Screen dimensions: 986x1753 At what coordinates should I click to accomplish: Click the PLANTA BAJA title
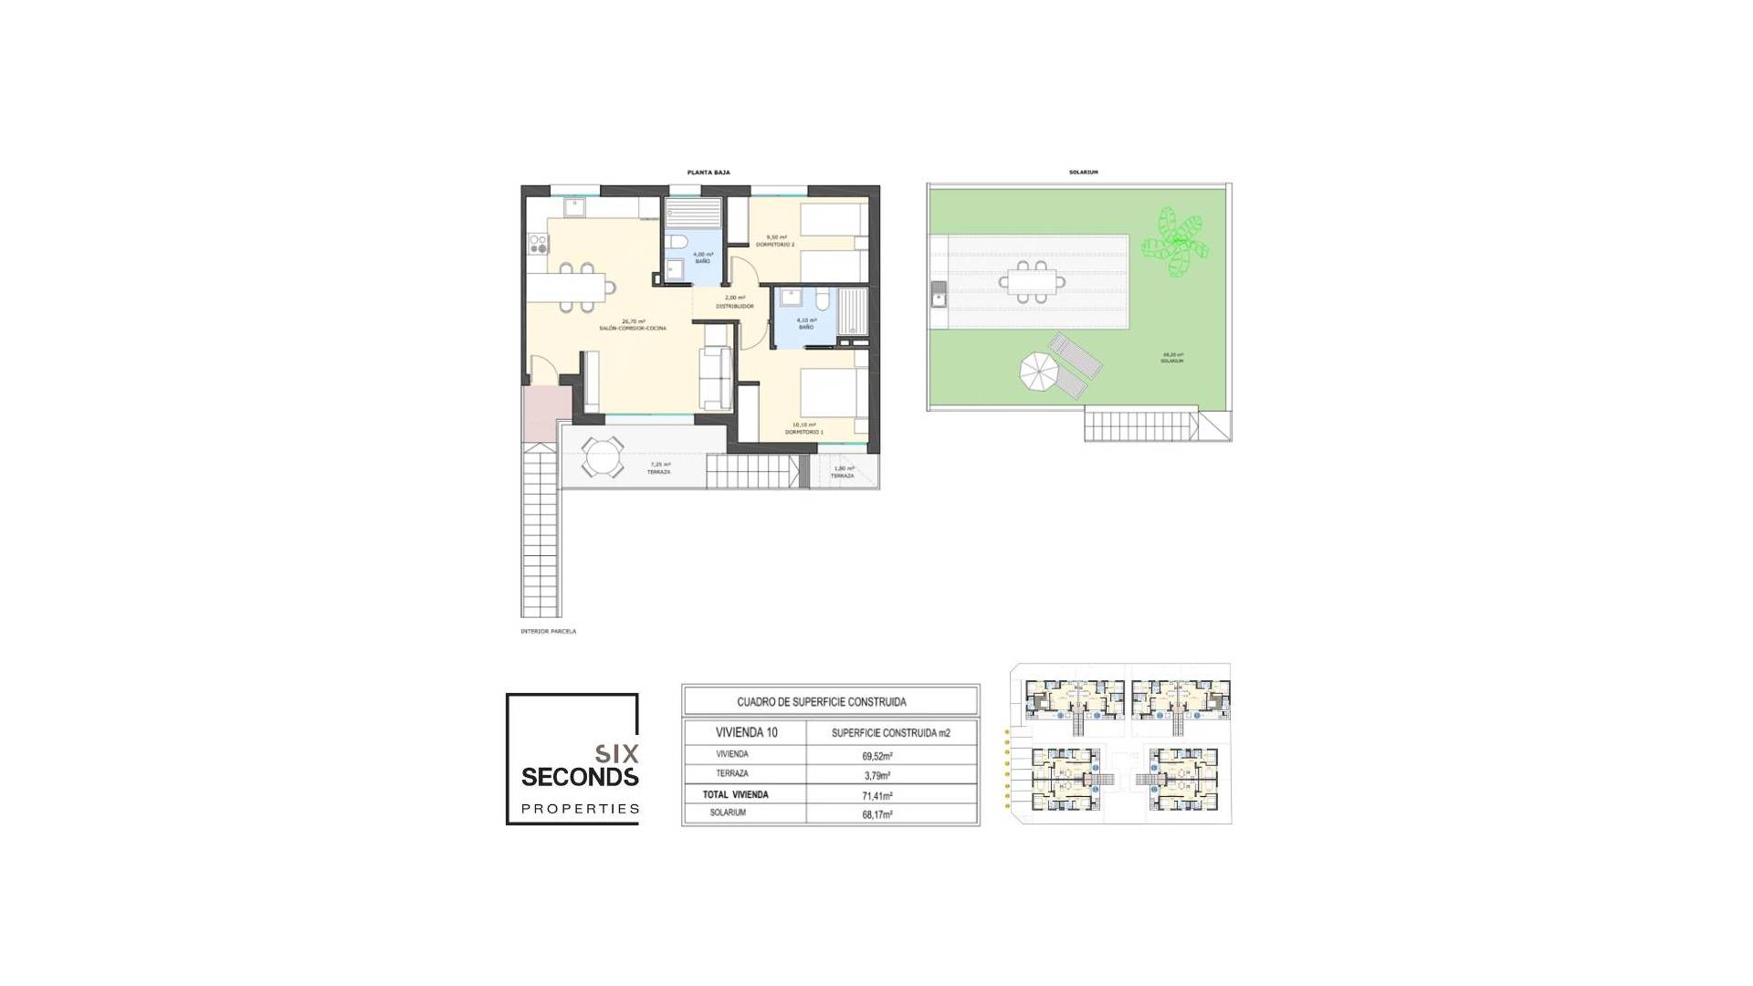pyautogui.click(x=708, y=173)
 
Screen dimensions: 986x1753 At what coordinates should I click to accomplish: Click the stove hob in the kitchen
pyautogui.click(x=538, y=244)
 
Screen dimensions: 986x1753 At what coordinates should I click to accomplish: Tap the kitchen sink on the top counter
pyautogui.click(x=574, y=208)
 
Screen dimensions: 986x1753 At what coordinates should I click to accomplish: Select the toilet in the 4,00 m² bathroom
pyautogui.click(x=677, y=242)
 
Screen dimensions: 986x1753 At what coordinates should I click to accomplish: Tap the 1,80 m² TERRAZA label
pyautogui.click(x=842, y=472)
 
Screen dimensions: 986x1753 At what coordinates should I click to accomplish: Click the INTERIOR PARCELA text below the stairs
pyautogui.click(x=548, y=632)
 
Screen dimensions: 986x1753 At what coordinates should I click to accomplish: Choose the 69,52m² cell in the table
pyautogui.click(x=876, y=756)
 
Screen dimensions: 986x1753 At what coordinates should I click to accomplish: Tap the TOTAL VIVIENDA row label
pyautogui.click(x=735, y=794)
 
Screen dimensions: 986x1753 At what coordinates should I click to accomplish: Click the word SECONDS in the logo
pyautogui.click(x=579, y=777)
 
